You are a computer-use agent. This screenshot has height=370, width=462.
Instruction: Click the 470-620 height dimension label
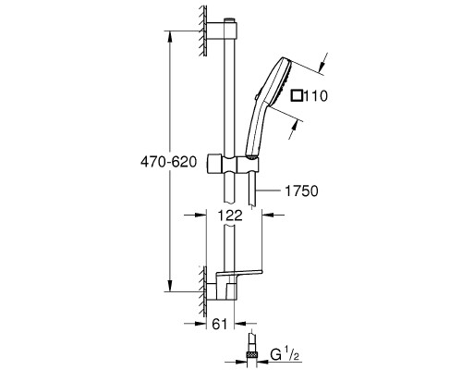coord(168,162)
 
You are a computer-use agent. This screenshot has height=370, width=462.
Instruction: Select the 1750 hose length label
coord(301,191)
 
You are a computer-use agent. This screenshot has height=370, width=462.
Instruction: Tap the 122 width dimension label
coord(230,216)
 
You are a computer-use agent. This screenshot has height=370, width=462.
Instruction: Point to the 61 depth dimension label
coord(220,324)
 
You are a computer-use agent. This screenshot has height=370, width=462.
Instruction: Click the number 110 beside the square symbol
coord(315,96)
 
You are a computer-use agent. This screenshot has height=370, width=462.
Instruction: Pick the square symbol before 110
coord(297,95)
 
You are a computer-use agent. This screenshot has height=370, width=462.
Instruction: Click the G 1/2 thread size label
coord(285,354)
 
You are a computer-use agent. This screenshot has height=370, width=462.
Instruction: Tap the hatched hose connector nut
coord(252,354)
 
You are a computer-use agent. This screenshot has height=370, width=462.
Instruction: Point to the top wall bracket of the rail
coord(222,31)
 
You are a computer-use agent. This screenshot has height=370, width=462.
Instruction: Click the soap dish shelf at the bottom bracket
coord(239,273)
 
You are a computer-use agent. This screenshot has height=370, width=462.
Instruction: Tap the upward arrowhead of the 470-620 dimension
coord(170,37)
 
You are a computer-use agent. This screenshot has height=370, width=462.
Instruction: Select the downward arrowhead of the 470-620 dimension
coord(170,285)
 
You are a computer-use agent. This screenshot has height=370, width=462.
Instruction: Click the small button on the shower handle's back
coord(257,97)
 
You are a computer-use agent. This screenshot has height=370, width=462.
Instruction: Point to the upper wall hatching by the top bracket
coord(202,31)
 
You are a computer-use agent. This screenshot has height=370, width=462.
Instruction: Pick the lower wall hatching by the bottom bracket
coord(202,291)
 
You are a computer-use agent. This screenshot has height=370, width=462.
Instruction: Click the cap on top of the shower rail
coord(229,20)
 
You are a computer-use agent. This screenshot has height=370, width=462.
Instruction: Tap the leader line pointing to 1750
coord(269,191)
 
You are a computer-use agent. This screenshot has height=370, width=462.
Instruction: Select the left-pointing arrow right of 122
coord(273,215)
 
